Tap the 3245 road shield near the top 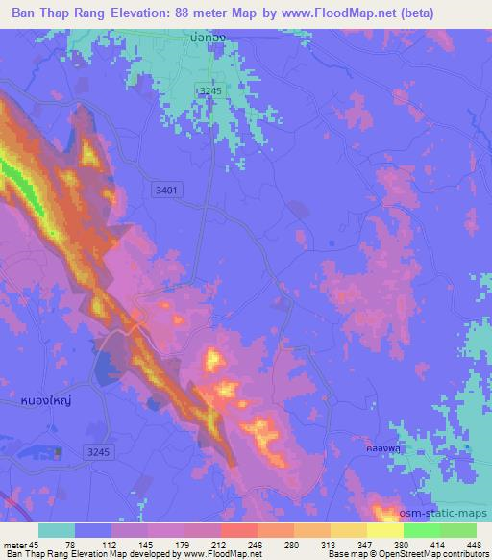(209, 89)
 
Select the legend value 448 (472, 544)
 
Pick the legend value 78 (70, 544)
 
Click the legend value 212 (217, 544)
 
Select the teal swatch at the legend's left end (57, 529)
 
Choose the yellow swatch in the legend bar (385, 529)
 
